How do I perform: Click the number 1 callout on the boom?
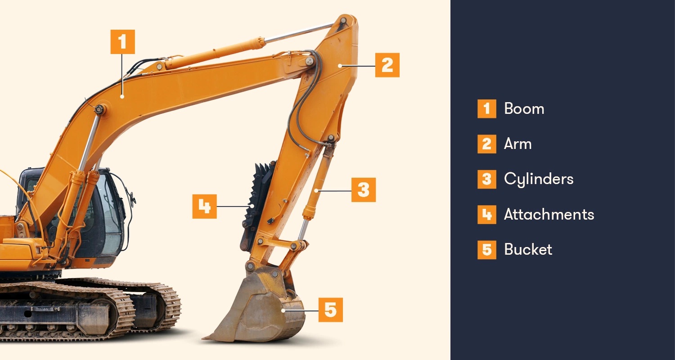(x=122, y=42)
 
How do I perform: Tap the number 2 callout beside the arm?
(x=387, y=65)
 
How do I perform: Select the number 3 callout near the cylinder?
(x=363, y=190)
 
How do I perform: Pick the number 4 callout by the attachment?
(x=204, y=207)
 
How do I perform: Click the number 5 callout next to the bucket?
(x=330, y=310)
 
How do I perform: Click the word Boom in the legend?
(x=524, y=109)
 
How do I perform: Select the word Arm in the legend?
(x=517, y=144)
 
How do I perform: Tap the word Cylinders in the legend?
(x=539, y=179)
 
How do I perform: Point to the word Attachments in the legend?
(x=549, y=214)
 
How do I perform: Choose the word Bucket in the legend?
(x=528, y=249)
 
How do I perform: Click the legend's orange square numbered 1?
(x=486, y=109)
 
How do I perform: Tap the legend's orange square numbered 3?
(x=486, y=179)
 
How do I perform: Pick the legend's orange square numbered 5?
(x=486, y=249)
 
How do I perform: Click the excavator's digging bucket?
(x=261, y=310)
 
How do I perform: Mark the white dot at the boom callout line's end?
(x=122, y=96)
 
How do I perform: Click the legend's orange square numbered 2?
(x=486, y=144)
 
